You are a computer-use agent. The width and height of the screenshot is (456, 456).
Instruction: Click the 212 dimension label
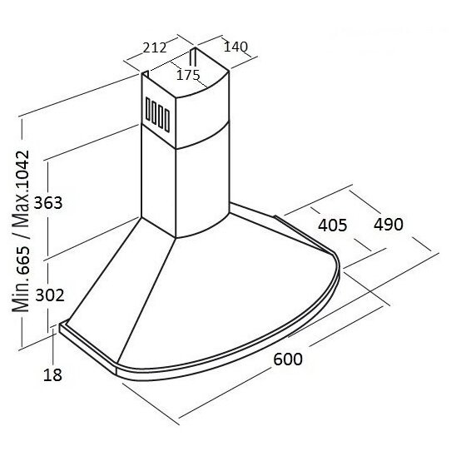pyautogui.click(x=155, y=47)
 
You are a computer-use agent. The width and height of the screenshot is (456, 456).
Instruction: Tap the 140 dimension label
pyautogui.click(x=235, y=47)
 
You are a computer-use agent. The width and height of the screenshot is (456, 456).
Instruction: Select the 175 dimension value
pyautogui.click(x=188, y=75)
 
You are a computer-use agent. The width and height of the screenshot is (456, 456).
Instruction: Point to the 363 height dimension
pyautogui.click(x=48, y=203)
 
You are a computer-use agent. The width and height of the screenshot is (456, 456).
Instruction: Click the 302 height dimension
pyautogui.click(x=50, y=295)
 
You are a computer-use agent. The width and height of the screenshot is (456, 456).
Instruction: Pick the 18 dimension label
pyautogui.click(x=52, y=374)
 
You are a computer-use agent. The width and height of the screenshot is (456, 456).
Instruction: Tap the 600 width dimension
pyautogui.click(x=288, y=359)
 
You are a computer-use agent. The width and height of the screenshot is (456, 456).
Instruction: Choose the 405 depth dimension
pyautogui.click(x=332, y=226)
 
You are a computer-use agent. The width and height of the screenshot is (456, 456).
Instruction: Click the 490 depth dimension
pyautogui.click(x=389, y=224)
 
